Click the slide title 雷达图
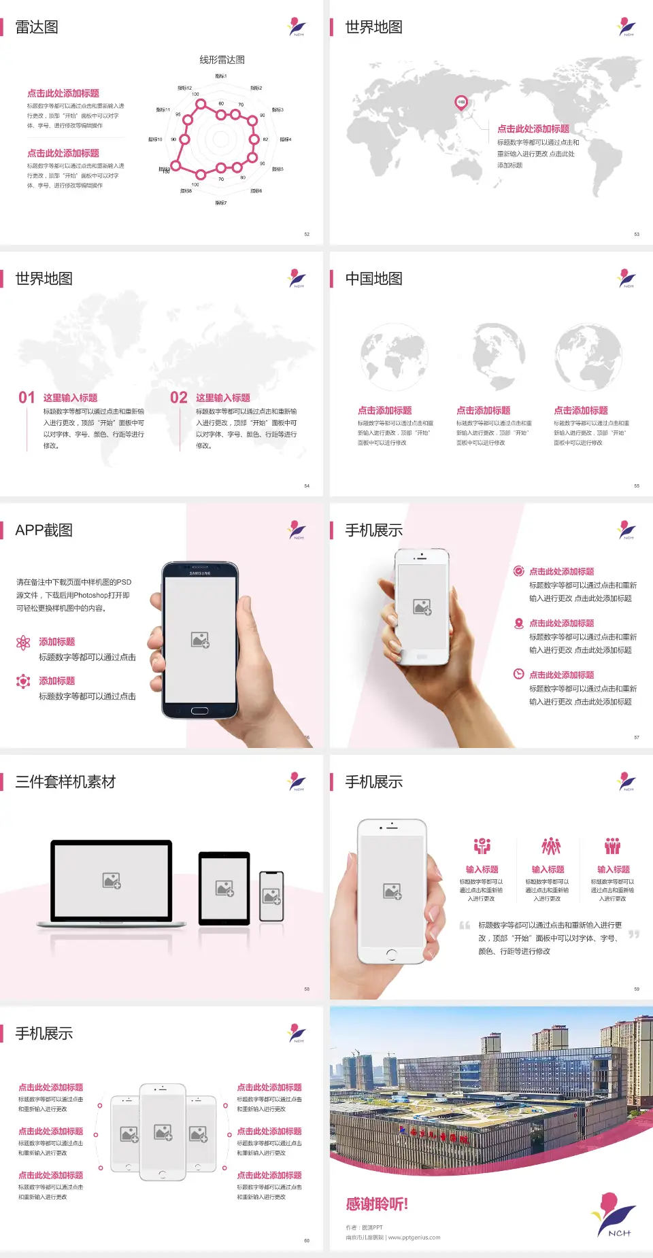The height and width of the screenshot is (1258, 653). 37,27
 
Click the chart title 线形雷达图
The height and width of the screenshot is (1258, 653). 222,60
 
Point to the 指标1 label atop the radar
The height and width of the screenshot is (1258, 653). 221,76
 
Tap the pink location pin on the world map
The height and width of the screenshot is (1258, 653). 461,103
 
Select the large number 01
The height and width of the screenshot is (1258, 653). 27,398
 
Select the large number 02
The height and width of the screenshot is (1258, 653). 179,398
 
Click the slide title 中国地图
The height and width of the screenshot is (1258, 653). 373,279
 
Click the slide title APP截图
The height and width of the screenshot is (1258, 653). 44,530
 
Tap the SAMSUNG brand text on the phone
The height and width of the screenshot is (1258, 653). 200,573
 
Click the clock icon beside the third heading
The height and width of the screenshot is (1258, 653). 518,674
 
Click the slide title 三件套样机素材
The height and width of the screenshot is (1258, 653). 65,782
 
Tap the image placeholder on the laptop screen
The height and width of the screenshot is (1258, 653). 112,881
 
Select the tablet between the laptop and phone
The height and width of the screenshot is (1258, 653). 224,887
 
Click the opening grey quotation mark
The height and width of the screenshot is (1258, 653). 465,925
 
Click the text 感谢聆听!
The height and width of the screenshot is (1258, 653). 377,1204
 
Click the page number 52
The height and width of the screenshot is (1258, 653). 307,235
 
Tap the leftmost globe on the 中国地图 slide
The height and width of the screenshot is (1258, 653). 394,357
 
